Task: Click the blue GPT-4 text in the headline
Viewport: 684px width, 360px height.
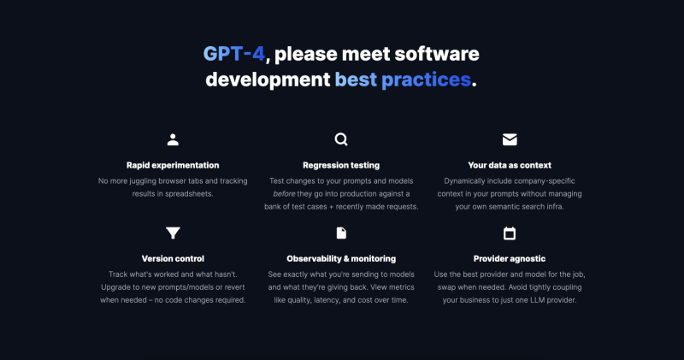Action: click(x=233, y=54)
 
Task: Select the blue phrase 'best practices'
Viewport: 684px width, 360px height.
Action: click(x=403, y=80)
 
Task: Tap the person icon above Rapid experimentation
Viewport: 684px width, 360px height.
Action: click(x=173, y=139)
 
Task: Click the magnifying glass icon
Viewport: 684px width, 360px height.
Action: click(x=341, y=139)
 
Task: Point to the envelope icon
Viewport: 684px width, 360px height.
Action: click(x=510, y=139)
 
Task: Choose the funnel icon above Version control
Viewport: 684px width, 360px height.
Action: click(x=173, y=233)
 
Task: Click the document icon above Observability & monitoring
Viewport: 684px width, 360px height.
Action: click(x=341, y=233)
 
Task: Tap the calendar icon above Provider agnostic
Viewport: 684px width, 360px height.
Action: click(x=510, y=233)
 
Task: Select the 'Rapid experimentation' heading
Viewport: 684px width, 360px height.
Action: click(x=173, y=165)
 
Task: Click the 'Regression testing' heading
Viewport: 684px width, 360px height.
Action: click(x=341, y=165)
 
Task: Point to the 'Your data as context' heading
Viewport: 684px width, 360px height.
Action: click(x=510, y=165)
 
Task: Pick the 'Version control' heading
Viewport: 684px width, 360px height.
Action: click(x=173, y=259)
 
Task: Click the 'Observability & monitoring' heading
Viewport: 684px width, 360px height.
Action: click(x=341, y=259)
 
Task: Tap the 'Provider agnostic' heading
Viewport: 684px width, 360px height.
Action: click(x=510, y=259)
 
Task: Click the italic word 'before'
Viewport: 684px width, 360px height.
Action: click(x=284, y=194)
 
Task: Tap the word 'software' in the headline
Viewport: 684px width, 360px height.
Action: click(x=437, y=54)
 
